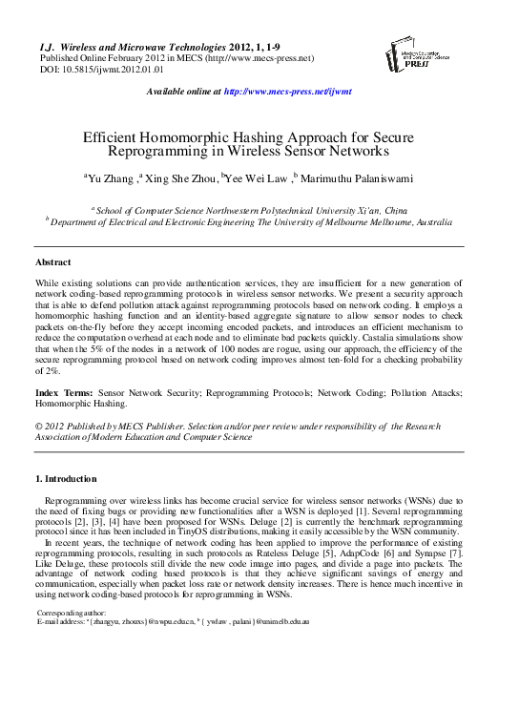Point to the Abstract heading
tap(52, 261)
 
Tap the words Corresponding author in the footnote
tap(72, 612)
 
